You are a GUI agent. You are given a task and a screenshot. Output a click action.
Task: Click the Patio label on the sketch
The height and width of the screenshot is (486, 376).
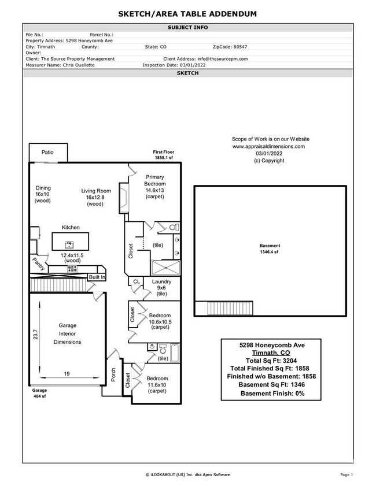coord(47,153)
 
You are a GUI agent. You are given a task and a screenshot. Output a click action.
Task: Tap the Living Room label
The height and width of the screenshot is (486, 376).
coord(95,191)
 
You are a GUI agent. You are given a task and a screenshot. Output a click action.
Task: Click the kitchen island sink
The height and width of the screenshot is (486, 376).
coord(70,243)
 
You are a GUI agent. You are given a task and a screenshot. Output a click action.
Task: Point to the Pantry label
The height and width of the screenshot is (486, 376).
coord(39,264)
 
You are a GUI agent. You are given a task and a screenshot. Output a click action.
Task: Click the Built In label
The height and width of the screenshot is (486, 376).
coord(97,277)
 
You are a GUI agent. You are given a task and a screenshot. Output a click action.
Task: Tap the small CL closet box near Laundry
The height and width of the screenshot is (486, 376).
coord(137,282)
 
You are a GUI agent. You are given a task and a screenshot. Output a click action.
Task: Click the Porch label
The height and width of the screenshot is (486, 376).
coord(113,375)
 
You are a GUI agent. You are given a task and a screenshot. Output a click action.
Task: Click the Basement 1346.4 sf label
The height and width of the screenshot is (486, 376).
coord(269,249)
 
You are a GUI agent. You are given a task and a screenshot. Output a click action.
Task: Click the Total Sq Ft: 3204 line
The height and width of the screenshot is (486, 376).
coord(271,360)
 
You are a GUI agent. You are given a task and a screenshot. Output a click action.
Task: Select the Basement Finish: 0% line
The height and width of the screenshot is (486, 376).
coord(271,394)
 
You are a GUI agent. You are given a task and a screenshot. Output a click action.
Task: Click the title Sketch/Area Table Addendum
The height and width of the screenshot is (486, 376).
coord(188,14)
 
